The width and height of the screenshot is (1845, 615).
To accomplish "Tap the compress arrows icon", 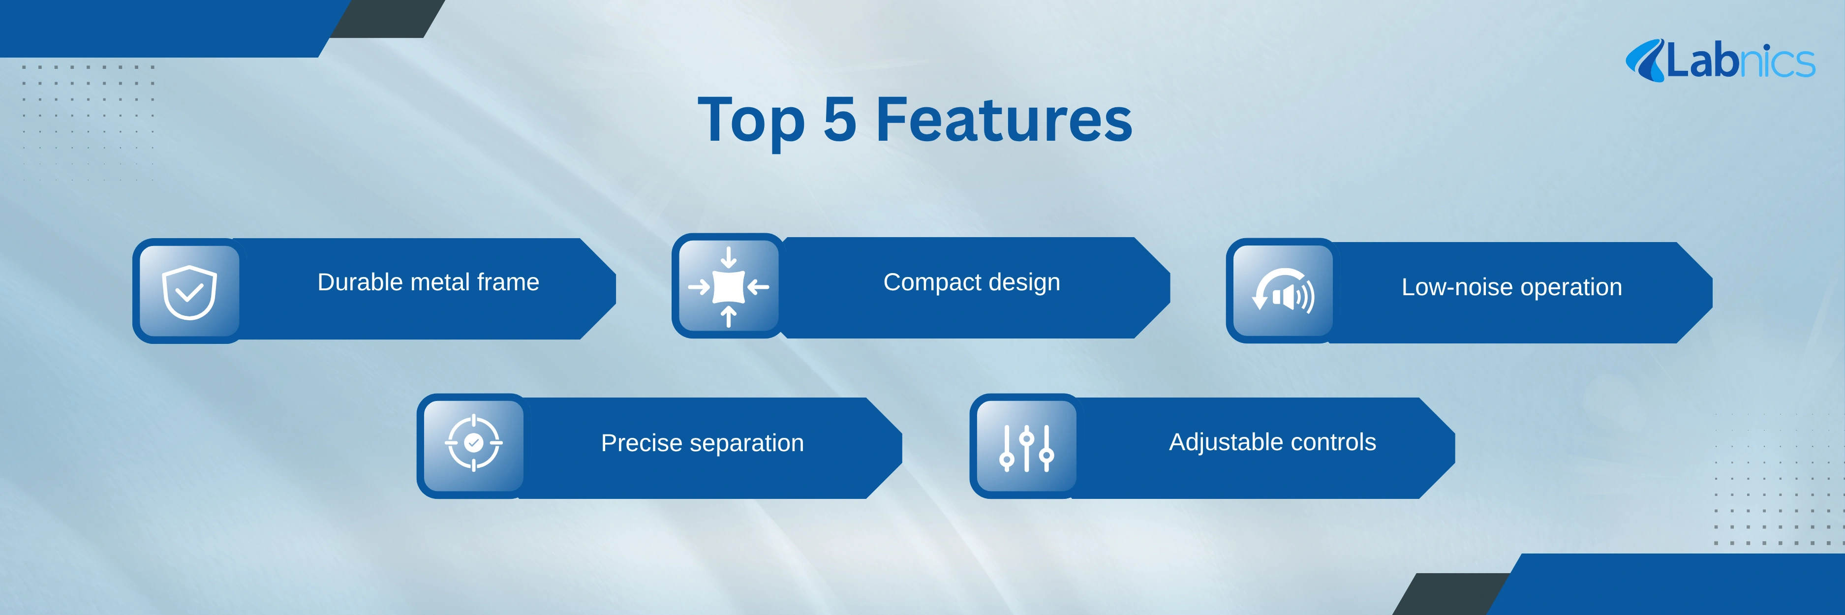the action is [x=728, y=286].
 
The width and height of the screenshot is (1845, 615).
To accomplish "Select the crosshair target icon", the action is [x=473, y=442].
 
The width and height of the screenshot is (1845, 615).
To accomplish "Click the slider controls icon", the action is [x=1026, y=448].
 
